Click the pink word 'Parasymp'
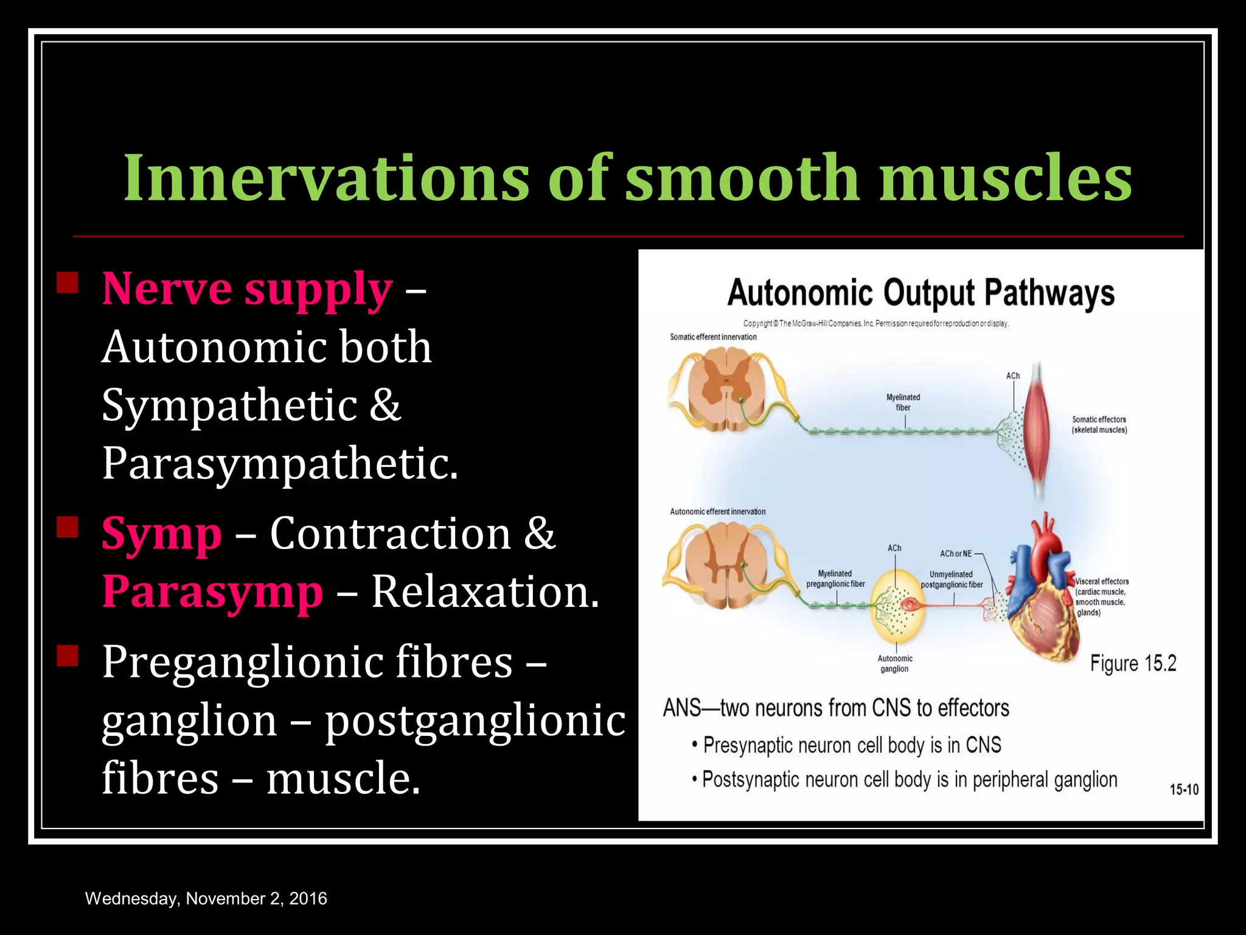pos(212,592)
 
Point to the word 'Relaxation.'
pos(485,592)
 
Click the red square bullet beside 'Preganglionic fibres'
pos(68,655)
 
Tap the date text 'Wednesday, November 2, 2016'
pos(206,898)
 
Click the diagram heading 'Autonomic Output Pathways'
pos(921,293)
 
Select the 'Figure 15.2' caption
pos(1133,663)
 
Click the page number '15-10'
pos(1183,790)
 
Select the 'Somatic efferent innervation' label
pos(713,337)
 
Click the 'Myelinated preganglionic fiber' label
pos(835,579)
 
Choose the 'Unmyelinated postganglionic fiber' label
pos(952,580)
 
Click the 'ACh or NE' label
pos(956,554)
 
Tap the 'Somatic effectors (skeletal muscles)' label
pos(1099,425)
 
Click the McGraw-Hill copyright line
pos(876,324)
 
